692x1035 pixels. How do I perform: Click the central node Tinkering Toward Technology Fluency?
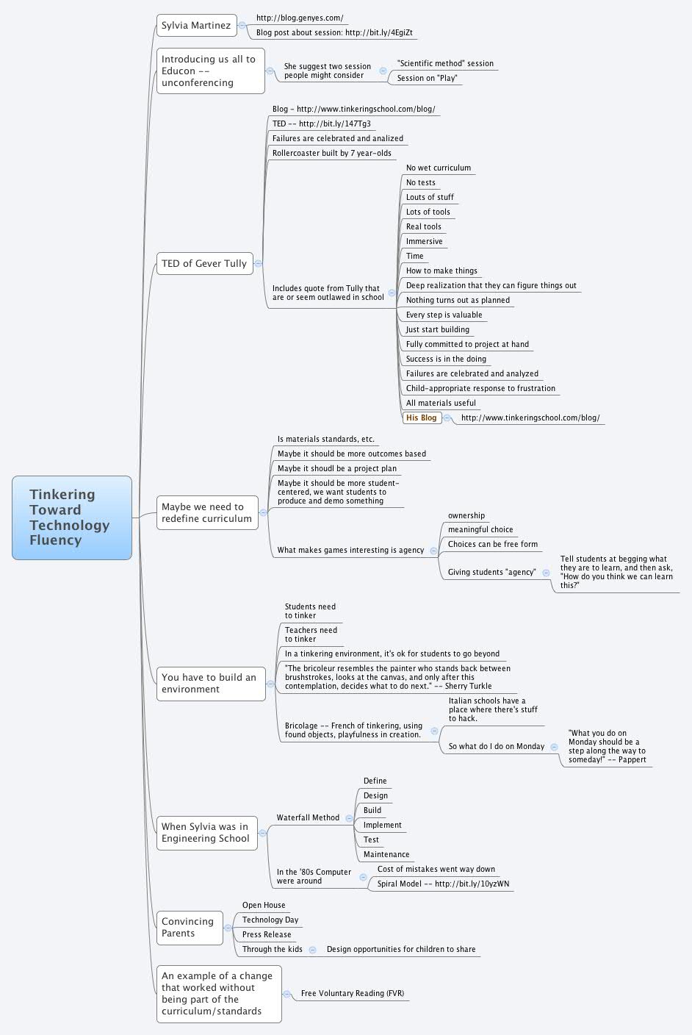(72, 517)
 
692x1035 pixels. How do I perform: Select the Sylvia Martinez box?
(196, 26)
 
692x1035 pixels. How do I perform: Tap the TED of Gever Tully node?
(204, 263)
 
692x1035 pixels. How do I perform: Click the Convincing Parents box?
(188, 928)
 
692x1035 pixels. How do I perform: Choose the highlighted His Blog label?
(422, 418)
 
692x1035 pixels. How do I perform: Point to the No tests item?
(421, 182)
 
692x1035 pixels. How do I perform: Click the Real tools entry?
(424, 226)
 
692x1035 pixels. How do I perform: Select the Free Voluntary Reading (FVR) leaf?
(353, 993)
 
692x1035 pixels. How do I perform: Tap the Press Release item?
(267, 934)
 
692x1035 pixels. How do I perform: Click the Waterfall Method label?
(308, 817)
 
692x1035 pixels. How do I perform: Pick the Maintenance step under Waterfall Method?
(386, 854)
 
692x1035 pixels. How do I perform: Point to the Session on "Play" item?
(427, 78)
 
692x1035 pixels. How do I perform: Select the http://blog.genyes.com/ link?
(300, 18)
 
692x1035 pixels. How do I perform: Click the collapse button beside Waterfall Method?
(349, 818)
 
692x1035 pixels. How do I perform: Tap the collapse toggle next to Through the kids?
(312, 950)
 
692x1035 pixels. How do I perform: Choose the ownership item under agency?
(466, 515)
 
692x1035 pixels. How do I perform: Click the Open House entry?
(264, 905)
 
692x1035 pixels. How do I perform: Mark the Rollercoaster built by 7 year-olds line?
(332, 153)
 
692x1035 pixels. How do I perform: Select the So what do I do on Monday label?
(497, 746)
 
